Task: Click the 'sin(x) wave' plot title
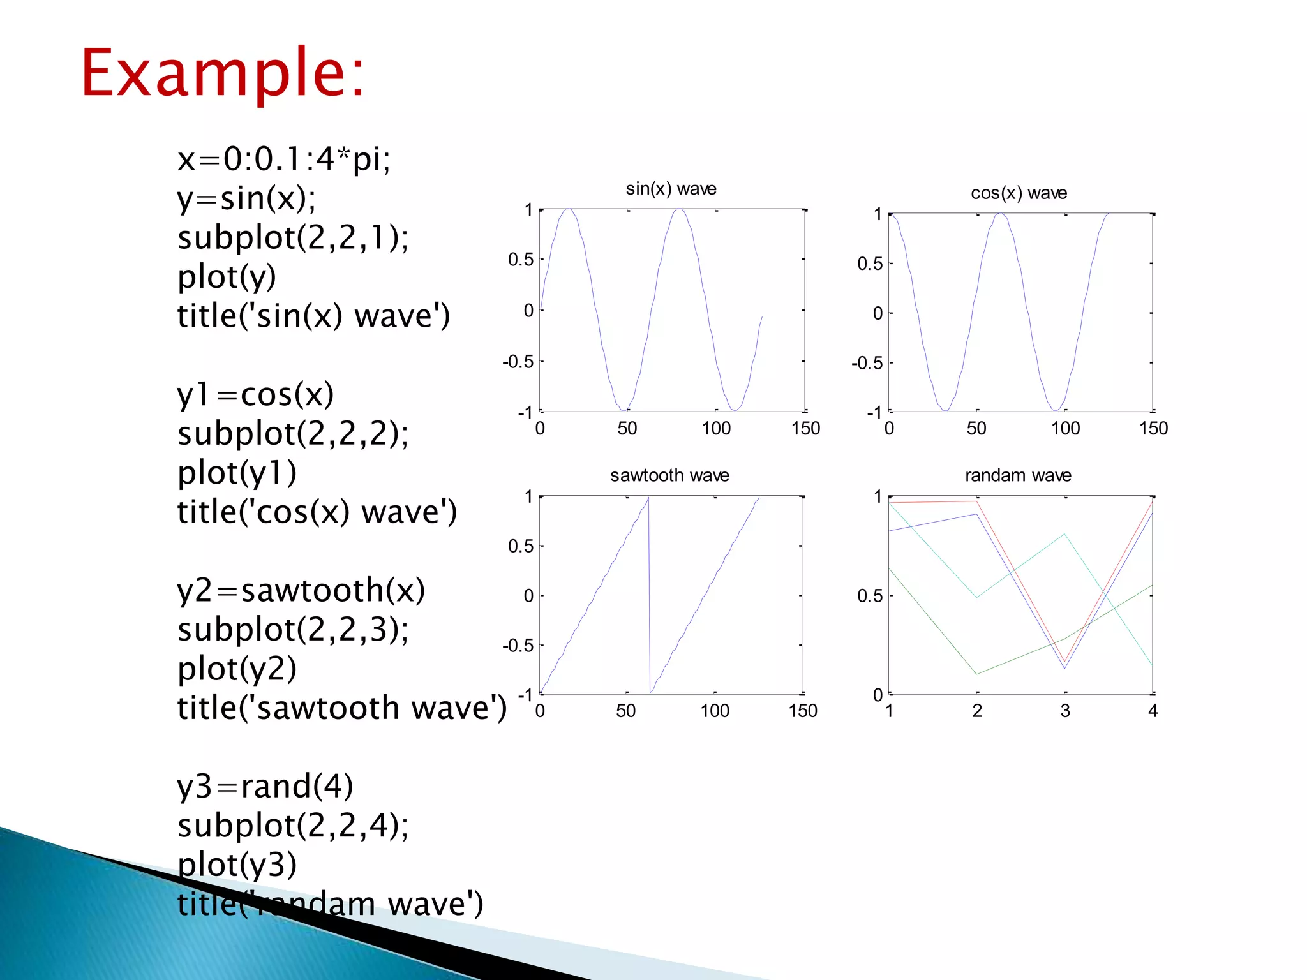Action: pos(671,189)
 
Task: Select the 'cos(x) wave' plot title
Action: pos(1019,193)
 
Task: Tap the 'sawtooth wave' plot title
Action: pos(669,475)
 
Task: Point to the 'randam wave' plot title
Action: pos(1018,475)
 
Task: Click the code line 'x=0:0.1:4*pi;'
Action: pos(284,159)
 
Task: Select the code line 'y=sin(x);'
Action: pos(246,198)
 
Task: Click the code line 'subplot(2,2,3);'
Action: pos(293,630)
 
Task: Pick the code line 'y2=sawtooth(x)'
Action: pos(301,590)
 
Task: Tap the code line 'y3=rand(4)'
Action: pos(265,786)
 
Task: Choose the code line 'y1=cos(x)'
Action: pos(255,394)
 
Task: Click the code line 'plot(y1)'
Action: pos(237,473)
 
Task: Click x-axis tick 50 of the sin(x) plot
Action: pos(627,428)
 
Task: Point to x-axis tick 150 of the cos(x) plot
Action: pos(1153,428)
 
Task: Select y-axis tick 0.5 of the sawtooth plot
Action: pos(521,546)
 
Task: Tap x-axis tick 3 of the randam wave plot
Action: pos(1065,711)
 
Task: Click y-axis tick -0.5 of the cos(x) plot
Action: pos(867,363)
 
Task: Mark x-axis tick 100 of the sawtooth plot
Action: pos(715,711)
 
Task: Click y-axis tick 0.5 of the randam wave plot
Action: pos(870,596)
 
